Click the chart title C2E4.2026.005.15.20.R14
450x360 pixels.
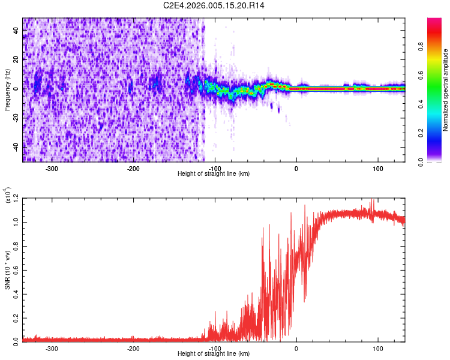coord(214,5)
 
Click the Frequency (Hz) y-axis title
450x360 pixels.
coord(7,90)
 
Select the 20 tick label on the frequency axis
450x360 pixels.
coord(16,59)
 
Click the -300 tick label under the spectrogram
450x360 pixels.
coord(52,168)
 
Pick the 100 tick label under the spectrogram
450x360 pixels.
coord(378,168)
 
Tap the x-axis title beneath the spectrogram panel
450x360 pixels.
coord(214,174)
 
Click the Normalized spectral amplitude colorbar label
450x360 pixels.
coord(445,90)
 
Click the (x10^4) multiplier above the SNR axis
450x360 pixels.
coord(8,196)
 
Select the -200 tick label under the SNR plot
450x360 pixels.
coord(133,348)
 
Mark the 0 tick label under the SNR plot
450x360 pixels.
coord(296,348)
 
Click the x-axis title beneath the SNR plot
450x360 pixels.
coord(214,354)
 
